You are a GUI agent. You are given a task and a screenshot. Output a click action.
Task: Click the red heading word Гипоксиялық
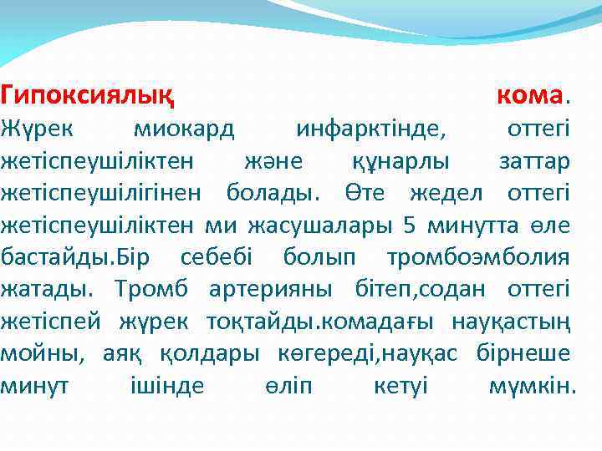coord(88,96)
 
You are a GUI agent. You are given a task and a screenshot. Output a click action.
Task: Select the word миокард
coord(184,129)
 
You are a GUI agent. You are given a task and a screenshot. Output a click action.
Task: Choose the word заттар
coord(534,160)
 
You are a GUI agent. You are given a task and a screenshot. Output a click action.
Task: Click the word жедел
coord(451,193)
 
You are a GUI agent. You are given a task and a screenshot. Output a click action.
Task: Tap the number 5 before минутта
coord(408,225)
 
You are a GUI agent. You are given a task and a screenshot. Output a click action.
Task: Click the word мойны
coord(42,352)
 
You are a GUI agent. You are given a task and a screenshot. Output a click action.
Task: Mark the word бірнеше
coord(523,352)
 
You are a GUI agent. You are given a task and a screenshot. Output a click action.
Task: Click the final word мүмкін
coord(532,385)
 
